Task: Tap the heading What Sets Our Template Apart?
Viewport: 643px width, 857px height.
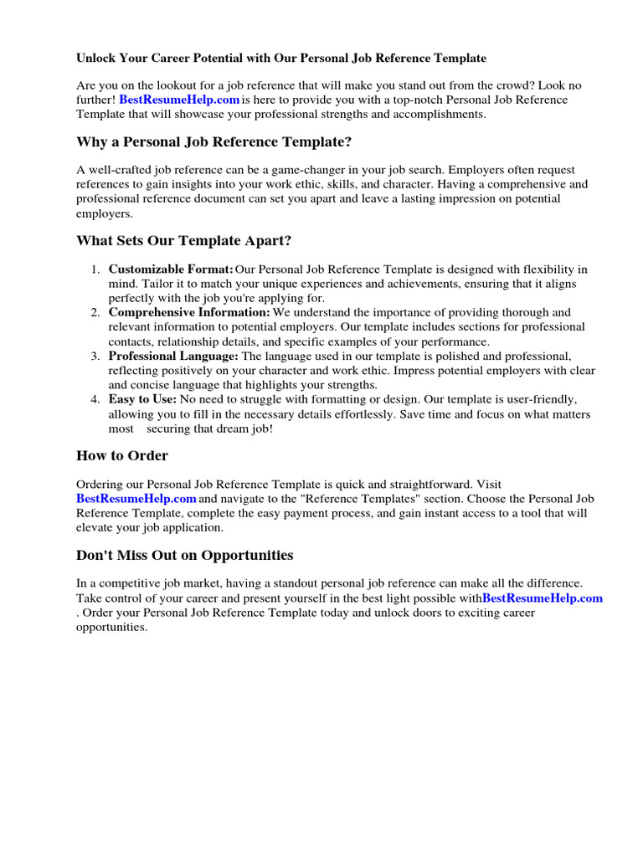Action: [184, 241]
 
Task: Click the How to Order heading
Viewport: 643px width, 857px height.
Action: [122, 456]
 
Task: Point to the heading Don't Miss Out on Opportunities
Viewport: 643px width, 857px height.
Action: [185, 555]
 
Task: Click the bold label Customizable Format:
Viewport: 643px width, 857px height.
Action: [171, 269]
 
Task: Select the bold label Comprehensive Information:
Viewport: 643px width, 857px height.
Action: [189, 312]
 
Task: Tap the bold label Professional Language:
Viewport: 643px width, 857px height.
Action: [173, 356]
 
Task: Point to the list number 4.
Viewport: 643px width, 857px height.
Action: [95, 399]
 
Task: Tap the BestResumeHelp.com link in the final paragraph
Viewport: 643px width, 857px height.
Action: [543, 598]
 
